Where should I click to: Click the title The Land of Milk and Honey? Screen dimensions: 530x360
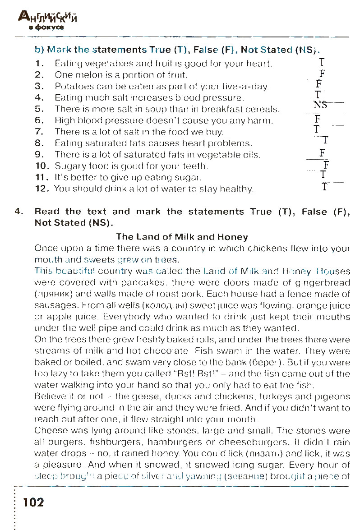pos(182,236)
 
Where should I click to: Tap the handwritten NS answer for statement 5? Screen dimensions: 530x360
pos(320,105)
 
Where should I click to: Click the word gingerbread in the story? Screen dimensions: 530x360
pos(324,283)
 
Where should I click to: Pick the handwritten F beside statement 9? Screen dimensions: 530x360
pos(321,152)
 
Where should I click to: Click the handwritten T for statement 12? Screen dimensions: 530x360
pos(324,186)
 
